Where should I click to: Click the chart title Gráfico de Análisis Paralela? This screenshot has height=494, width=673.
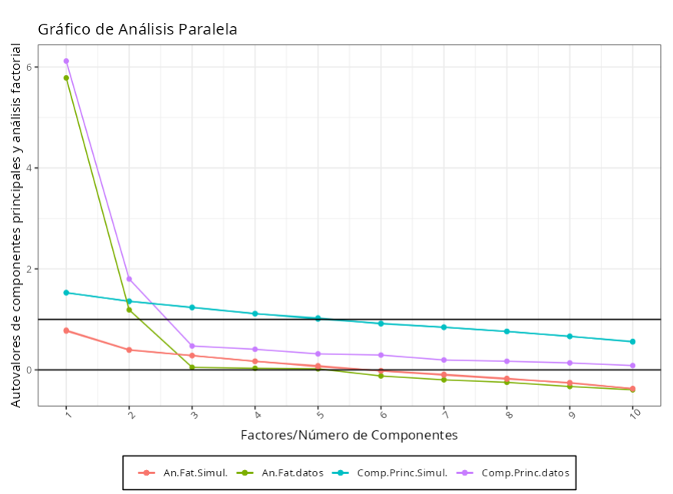(137, 30)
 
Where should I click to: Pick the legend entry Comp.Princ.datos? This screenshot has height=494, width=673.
(525, 473)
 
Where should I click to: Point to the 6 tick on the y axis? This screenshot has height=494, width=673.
(29, 67)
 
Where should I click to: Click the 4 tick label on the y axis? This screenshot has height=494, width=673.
(29, 168)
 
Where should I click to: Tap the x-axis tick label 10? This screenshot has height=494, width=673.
(634, 415)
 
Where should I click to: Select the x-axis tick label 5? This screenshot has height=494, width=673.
(318, 415)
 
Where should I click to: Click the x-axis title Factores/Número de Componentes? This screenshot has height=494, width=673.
(349, 435)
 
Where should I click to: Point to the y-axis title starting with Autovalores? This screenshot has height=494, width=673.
(16, 225)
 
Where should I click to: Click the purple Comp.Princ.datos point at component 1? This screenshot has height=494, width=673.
(66, 61)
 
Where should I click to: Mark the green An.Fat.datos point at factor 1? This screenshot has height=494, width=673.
(66, 77)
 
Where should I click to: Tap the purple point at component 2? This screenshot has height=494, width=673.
(129, 278)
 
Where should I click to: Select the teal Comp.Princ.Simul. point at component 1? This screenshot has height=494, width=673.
(66, 292)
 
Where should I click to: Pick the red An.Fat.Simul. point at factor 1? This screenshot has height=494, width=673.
(66, 331)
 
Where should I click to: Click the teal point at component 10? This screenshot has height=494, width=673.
(633, 341)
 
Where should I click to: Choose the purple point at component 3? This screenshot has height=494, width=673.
(192, 346)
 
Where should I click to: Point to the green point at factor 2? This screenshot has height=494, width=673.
(129, 310)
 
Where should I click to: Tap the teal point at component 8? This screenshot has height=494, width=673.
(507, 331)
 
